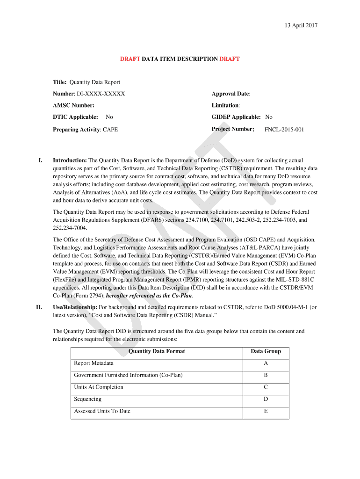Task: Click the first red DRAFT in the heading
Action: (x=130, y=59)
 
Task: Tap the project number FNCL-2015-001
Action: (x=284, y=130)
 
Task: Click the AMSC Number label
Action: (x=73, y=106)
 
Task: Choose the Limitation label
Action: (x=225, y=106)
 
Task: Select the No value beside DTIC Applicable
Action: (x=109, y=117)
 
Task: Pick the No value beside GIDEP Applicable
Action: (x=269, y=117)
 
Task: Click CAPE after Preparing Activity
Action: (x=110, y=130)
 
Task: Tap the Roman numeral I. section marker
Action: (x=41, y=160)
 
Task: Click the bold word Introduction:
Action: (x=70, y=160)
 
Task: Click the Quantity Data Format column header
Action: (x=157, y=351)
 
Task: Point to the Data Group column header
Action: (x=266, y=351)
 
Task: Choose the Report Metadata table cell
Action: (x=94, y=363)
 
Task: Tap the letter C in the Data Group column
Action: (x=266, y=387)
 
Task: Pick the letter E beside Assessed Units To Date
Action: (x=266, y=411)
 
